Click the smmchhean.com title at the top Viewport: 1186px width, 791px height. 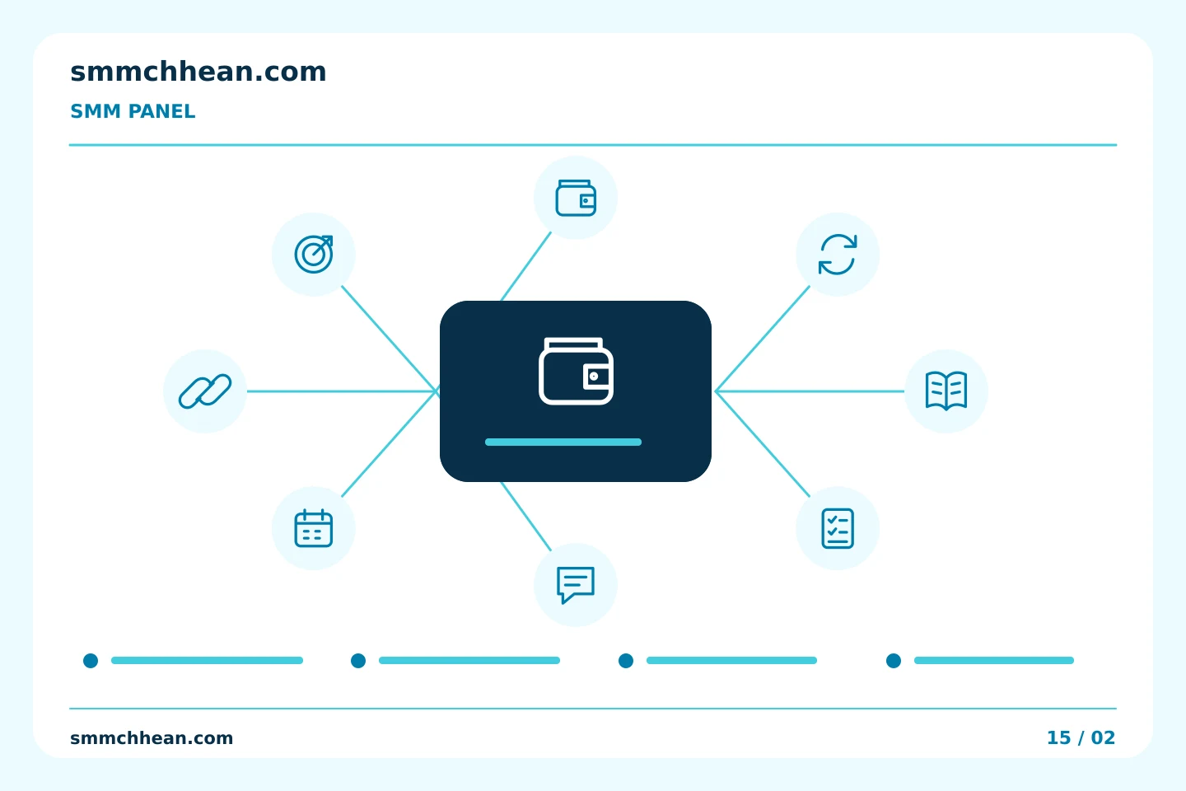[198, 72]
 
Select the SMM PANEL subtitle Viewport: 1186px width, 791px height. [133, 111]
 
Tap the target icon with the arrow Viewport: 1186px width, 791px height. [314, 255]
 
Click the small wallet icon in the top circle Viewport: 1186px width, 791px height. [576, 198]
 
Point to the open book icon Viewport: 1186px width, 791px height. [946, 391]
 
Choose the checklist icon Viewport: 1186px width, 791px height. [837, 528]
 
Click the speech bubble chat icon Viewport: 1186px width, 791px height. [576, 584]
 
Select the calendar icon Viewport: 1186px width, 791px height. [314, 528]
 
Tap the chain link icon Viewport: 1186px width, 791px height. [205, 391]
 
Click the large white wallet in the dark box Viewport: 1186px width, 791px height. [576, 371]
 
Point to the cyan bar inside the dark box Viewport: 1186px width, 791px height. [563, 442]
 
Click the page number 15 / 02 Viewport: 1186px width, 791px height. [1081, 737]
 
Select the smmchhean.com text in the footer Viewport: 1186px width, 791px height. [152, 737]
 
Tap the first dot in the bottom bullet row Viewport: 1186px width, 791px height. [91, 661]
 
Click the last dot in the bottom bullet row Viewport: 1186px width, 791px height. [894, 661]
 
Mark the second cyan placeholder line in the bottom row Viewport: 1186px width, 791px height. [469, 660]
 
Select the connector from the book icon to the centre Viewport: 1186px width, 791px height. [810, 391]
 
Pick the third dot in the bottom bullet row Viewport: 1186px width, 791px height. [626, 661]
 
